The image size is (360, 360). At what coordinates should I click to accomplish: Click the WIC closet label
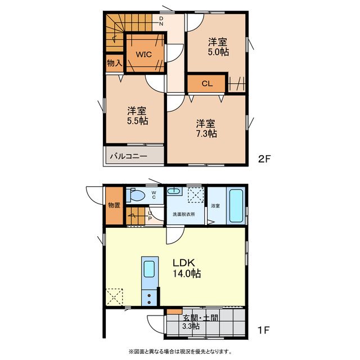[143, 55]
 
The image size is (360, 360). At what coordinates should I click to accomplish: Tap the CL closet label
[207, 84]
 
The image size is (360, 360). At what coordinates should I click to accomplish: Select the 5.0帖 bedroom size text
[218, 52]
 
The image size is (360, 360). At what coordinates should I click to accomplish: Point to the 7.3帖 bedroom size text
[206, 133]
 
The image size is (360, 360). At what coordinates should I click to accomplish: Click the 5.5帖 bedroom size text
[137, 121]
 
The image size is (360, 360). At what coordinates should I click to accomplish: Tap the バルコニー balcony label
[128, 156]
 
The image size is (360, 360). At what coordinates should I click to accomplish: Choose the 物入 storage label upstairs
[115, 63]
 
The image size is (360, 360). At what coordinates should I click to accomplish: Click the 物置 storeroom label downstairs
[114, 205]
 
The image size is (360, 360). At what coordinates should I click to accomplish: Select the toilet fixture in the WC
[136, 195]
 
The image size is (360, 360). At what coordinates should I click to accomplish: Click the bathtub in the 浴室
[236, 206]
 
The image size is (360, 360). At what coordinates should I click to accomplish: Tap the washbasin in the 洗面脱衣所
[174, 191]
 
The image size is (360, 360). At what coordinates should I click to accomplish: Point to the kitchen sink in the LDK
[149, 269]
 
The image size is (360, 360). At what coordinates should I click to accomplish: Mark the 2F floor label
[265, 159]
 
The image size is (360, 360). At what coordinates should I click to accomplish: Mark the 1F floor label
[263, 330]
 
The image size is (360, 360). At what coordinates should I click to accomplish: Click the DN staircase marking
[161, 21]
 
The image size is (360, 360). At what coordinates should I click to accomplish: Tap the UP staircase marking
[150, 216]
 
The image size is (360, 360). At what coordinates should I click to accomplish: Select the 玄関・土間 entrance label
[200, 318]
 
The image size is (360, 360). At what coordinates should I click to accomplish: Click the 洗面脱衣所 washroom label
[184, 214]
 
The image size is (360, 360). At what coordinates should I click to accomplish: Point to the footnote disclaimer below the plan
[180, 352]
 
